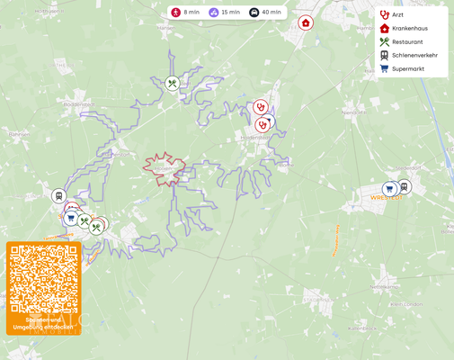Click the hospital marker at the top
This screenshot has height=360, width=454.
[306, 22]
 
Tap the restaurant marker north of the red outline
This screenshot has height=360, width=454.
[173, 84]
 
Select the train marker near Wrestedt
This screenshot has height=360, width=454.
[404, 187]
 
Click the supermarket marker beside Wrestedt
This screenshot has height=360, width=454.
[389, 190]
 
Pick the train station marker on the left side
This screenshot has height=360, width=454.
[59, 196]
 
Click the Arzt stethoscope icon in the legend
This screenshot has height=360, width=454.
[385, 15]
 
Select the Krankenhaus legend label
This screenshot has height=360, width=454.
[409, 29]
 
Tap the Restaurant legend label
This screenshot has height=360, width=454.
[407, 42]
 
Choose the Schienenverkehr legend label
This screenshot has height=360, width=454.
[414, 56]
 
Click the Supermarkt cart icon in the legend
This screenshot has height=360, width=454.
[385, 68]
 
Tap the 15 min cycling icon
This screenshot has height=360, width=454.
[213, 13]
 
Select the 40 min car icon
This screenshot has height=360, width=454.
[254, 13]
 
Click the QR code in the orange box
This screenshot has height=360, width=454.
[43, 279]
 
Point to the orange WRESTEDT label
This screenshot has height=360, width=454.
[387, 198]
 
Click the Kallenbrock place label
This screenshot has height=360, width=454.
[361, 328]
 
